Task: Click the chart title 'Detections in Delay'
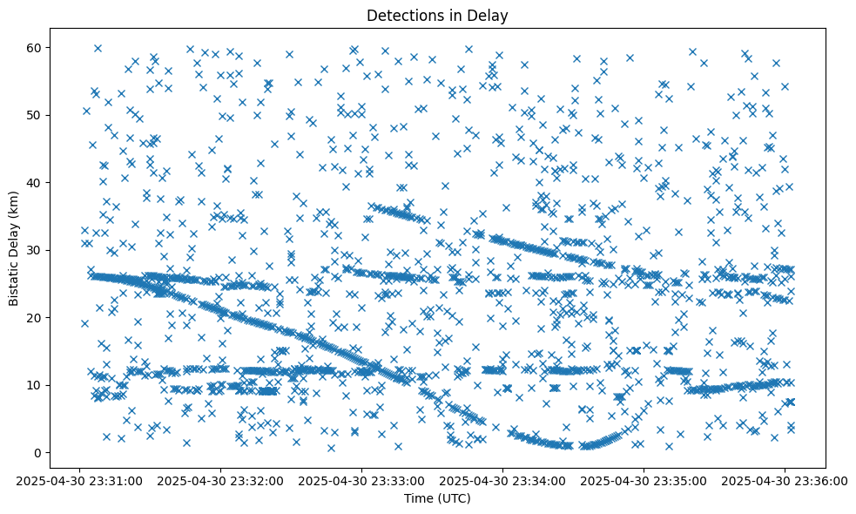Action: [437, 16]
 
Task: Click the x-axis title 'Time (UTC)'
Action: [437, 498]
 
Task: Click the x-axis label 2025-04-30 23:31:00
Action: [80, 480]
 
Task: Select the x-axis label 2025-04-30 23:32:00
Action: [221, 480]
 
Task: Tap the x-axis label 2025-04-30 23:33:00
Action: [362, 480]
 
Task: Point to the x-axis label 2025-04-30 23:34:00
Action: [503, 480]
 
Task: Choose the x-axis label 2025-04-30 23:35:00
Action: [644, 480]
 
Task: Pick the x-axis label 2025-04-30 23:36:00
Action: [785, 480]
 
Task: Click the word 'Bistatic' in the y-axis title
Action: [15, 281]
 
